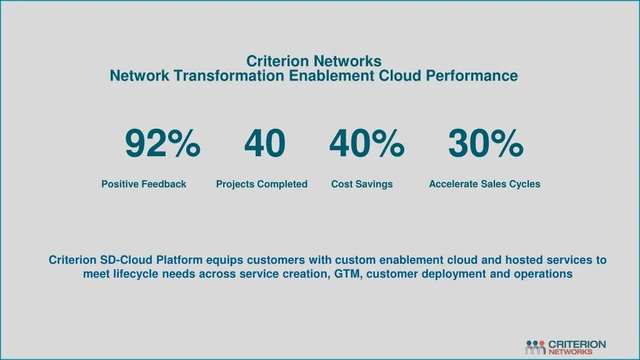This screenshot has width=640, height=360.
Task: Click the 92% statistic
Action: click(x=162, y=143)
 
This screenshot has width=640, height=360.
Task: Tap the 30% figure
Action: click(x=486, y=143)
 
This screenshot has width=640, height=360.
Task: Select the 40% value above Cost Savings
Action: click(x=367, y=143)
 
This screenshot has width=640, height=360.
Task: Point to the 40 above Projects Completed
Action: click(x=265, y=143)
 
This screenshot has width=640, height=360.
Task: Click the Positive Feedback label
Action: click(x=144, y=184)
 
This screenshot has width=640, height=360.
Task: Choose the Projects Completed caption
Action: click(x=262, y=184)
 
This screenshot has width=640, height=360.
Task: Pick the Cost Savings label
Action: click(x=362, y=184)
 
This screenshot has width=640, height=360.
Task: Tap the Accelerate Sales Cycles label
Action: click(x=484, y=184)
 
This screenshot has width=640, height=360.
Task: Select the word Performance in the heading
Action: click(x=472, y=76)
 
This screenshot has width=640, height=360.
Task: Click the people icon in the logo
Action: click(x=535, y=347)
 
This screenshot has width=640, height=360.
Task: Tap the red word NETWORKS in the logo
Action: click(x=570, y=351)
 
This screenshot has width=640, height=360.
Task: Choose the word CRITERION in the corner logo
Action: click(x=577, y=344)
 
